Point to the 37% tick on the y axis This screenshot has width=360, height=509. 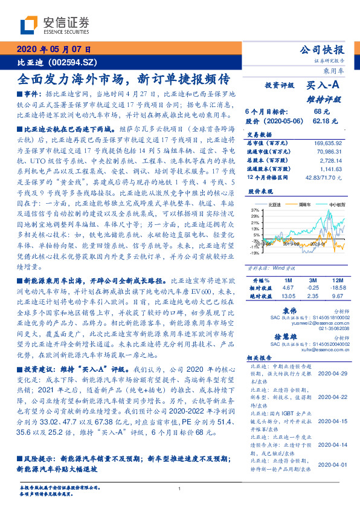coord(256,209)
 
